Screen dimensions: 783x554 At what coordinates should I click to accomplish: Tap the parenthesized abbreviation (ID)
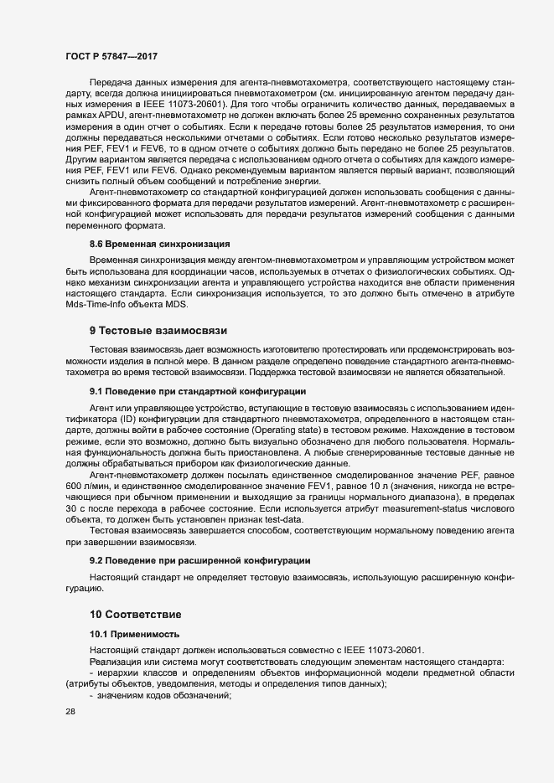coord(135,417)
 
